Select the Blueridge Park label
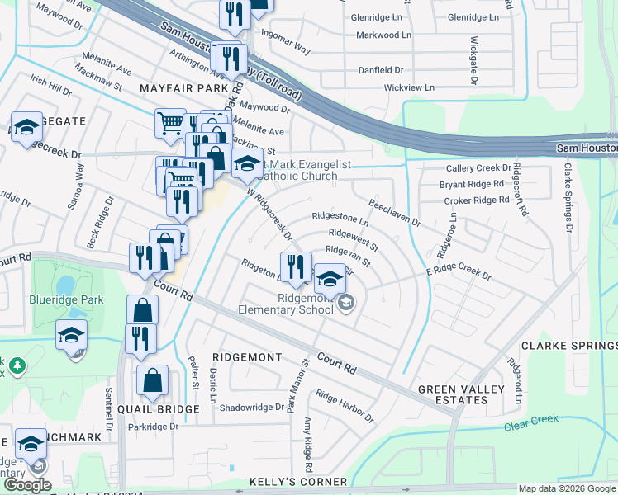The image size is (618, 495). point(66,299)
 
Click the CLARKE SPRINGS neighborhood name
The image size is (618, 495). point(568,346)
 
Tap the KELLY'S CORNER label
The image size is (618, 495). point(299,482)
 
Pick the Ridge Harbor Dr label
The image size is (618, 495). point(345,408)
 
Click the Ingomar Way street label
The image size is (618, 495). point(285,43)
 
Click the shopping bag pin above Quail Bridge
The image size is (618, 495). point(152,382)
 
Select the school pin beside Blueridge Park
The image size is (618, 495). point(72,335)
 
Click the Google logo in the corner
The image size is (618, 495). point(27,485)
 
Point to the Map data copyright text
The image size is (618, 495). point(567,488)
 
